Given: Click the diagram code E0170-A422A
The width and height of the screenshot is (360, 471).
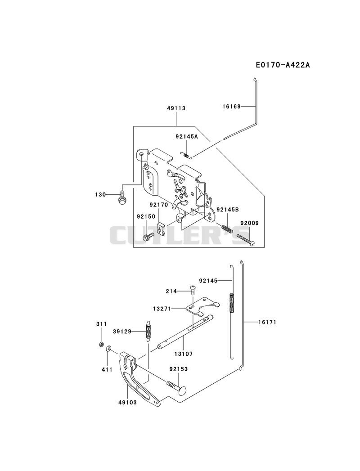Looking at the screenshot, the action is click(283, 65).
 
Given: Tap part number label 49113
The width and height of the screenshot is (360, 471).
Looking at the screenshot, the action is click(176, 108).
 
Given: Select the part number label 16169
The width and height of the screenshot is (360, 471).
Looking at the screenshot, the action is click(231, 106).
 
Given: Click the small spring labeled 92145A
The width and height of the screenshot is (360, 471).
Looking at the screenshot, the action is click(187, 155).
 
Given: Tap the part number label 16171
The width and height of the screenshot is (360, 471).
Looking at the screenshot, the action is click(267, 322).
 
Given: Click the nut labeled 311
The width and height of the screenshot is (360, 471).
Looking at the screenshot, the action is click(102, 344).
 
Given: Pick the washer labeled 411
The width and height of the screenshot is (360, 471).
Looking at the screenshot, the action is click(108, 349).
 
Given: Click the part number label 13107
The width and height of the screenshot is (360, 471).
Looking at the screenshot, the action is click(183, 354).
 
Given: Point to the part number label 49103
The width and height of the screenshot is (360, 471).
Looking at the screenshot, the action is click(127, 402).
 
